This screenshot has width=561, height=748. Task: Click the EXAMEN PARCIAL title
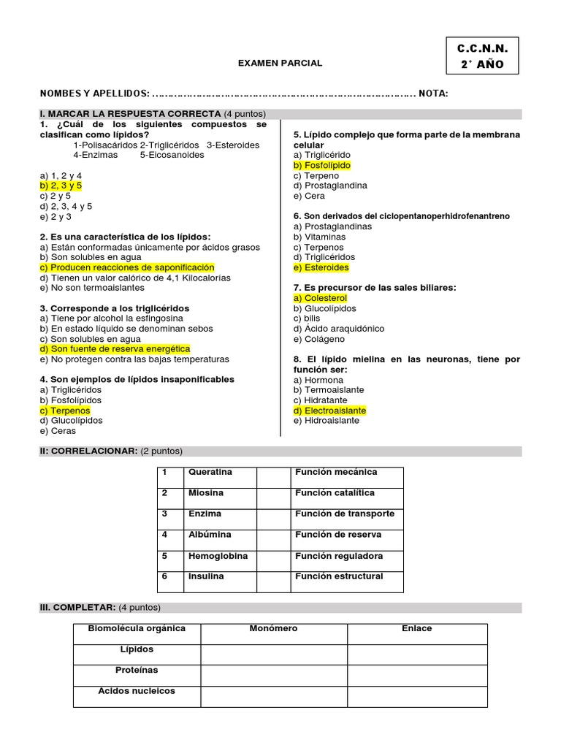(x=280, y=64)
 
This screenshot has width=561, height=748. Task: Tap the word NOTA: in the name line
(x=433, y=93)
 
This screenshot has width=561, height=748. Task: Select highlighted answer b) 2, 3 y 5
(x=61, y=186)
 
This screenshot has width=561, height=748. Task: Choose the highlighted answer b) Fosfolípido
(x=321, y=166)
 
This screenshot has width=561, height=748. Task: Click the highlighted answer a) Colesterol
(x=320, y=298)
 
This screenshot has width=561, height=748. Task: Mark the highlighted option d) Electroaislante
(x=329, y=411)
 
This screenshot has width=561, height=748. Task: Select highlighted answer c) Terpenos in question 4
(x=61, y=411)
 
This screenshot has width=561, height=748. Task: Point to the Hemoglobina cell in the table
(x=218, y=556)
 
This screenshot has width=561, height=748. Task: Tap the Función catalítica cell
(x=335, y=493)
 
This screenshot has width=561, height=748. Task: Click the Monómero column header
(x=273, y=628)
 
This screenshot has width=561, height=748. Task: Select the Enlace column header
(x=416, y=628)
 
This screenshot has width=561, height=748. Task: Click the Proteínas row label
(x=136, y=670)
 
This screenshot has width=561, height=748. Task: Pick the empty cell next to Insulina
(x=273, y=581)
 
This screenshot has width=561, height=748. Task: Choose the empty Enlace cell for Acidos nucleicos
(x=416, y=696)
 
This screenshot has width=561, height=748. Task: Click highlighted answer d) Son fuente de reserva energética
(x=115, y=349)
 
